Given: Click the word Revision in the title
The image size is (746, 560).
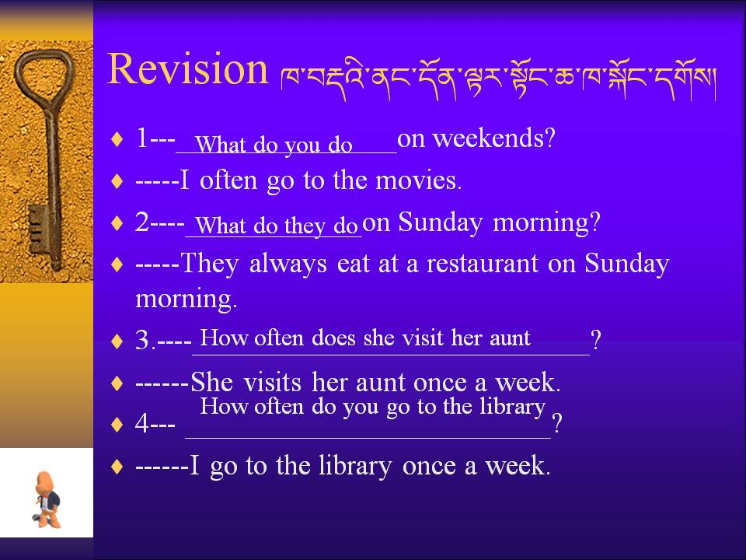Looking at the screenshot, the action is tap(188, 69).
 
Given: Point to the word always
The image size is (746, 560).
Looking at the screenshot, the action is tap(288, 264).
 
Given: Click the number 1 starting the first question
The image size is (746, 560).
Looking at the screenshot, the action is tap(141, 138).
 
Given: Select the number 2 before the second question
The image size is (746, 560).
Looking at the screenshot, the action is tap(142, 222).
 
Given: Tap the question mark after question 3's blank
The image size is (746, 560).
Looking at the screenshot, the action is tap(596, 340).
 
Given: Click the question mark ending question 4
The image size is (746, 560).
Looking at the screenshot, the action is tap(557, 422).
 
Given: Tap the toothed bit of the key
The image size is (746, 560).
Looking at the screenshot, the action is tap(39, 229).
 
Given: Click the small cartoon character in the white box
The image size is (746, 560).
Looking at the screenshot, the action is tap(47, 500).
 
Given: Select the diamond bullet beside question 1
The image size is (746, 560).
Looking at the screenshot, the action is tap(117, 139).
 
